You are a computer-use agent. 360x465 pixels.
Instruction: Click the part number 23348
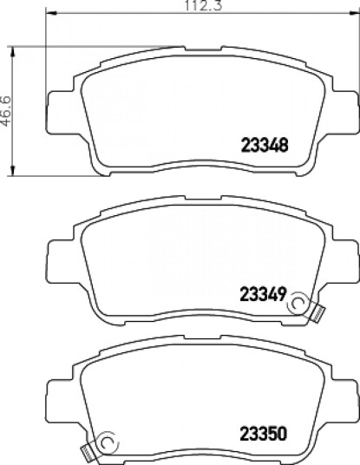coord(265,146)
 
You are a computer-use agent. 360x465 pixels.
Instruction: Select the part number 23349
coord(263,294)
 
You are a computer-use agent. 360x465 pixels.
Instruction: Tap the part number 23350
coord(264,434)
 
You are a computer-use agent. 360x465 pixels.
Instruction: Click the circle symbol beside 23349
coord(298,303)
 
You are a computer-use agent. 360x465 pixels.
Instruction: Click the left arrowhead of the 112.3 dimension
coord(51,13)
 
